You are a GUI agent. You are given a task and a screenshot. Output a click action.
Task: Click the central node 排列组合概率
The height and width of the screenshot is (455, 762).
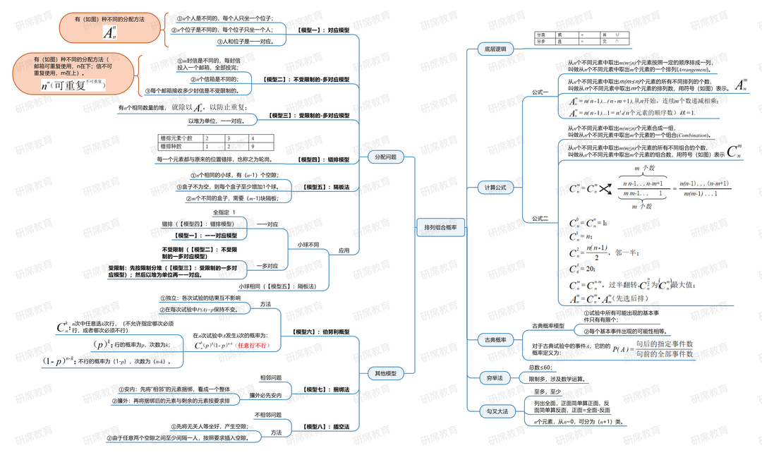(440, 227)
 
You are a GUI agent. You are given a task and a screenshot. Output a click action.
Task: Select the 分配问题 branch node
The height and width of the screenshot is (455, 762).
(386, 157)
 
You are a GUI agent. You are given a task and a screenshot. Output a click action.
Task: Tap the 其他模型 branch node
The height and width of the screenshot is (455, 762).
(386, 372)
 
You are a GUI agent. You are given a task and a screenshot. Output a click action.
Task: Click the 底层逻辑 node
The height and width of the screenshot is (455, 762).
(495, 49)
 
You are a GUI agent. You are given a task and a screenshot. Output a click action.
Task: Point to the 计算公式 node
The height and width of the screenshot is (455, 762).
(495, 188)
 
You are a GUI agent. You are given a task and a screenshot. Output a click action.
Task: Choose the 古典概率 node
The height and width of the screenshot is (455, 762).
(495, 340)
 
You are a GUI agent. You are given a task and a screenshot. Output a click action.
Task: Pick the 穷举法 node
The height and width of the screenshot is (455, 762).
(495, 378)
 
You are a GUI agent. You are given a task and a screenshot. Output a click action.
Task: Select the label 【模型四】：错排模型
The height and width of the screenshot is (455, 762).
(323, 159)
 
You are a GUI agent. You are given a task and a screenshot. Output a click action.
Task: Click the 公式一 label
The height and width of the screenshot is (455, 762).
(540, 92)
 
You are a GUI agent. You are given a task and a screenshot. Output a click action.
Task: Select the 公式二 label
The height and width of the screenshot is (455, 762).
(540, 218)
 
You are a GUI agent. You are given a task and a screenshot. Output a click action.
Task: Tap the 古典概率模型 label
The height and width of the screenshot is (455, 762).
(548, 325)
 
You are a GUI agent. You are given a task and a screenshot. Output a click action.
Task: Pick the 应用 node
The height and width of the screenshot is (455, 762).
(344, 250)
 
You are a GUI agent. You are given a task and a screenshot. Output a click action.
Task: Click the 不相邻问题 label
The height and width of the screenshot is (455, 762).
(268, 415)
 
